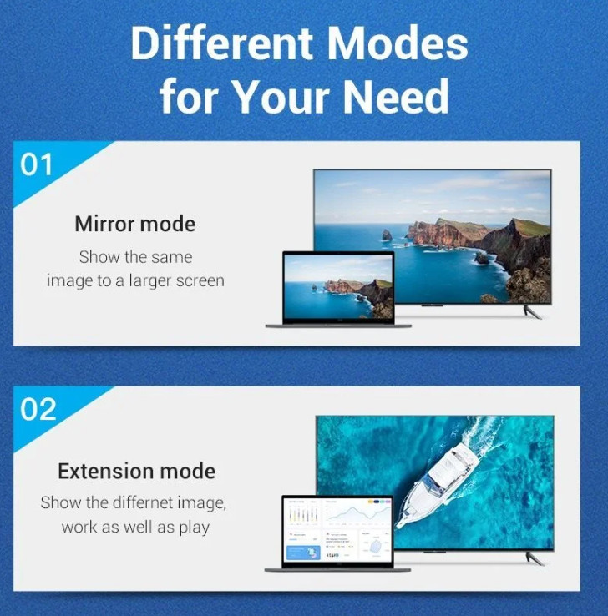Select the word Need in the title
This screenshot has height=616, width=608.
(396, 96)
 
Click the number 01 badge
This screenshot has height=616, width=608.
(36, 164)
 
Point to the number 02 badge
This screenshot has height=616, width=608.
(38, 409)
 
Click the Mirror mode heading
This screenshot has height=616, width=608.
(134, 224)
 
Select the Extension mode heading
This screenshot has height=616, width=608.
(136, 471)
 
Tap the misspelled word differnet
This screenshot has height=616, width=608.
(143, 502)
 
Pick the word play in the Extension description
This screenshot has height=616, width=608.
(194, 528)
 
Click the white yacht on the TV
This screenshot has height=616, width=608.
(437, 484)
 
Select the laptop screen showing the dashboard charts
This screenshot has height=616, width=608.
(337, 529)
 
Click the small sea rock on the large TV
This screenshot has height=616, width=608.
(387, 235)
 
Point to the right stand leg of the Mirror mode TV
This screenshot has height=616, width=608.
(532, 312)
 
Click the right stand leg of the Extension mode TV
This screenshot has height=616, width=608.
(535, 558)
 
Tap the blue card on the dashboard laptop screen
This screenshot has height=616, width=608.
(304, 553)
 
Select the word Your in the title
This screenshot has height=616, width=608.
(281, 96)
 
